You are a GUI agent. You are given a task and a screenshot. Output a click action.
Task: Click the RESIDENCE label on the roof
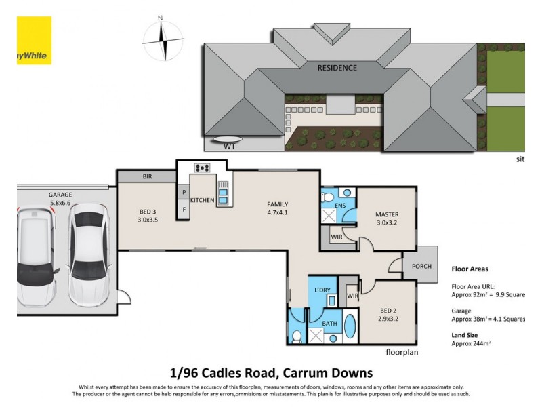(x=337, y=68)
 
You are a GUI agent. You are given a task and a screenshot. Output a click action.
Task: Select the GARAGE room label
(x=60, y=195)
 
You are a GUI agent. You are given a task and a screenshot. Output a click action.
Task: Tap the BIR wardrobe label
(x=147, y=176)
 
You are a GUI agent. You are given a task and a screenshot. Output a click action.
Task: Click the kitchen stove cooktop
(x=203, y=168)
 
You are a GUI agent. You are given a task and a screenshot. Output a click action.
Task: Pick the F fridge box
(x=184, y=210)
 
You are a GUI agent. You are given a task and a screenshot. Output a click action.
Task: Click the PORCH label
(x=421, y=267)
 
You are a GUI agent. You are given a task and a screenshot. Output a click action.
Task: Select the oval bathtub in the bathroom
(x=350, y=326)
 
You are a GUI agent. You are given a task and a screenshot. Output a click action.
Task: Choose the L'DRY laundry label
(x=322, y=290)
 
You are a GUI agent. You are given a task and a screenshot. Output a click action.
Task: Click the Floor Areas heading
(x=469, y=269)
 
